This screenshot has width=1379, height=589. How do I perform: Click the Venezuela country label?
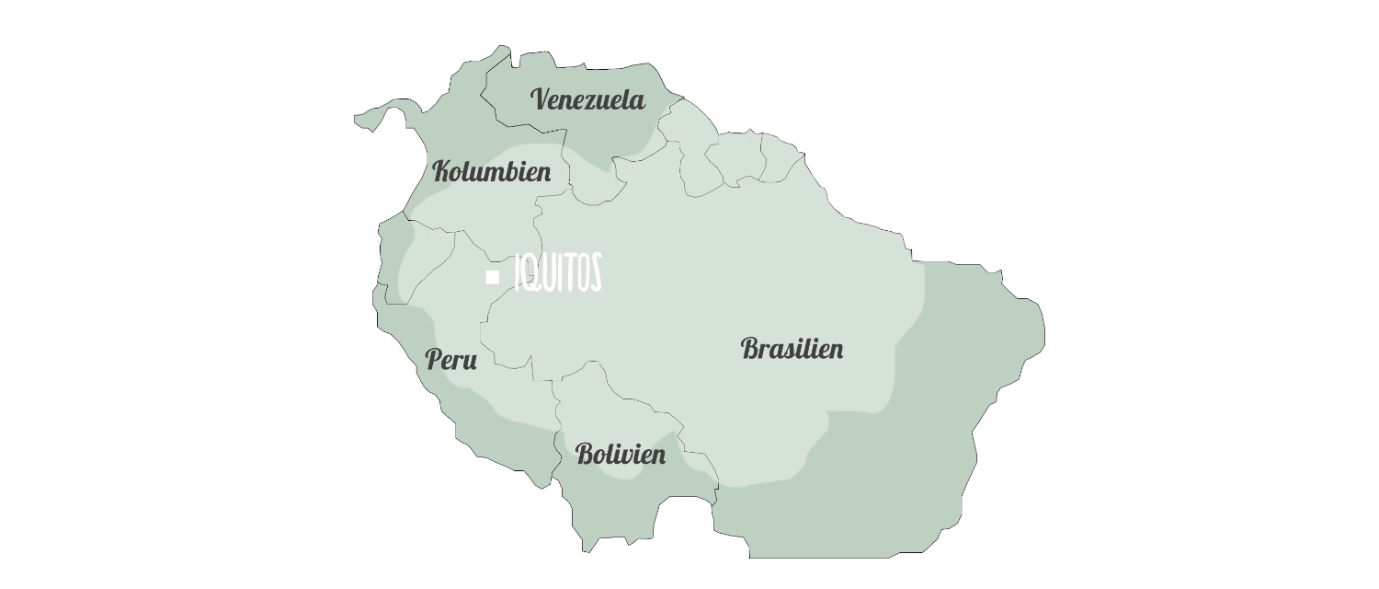point(588,99)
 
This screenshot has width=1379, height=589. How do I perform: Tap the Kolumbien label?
point(492,171)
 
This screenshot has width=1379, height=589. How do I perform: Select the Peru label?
point(450,360)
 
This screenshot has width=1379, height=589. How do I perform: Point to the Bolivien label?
point(621,454)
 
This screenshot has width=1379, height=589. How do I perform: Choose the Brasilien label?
point(792,349)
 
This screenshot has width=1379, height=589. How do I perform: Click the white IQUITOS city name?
point(558,273)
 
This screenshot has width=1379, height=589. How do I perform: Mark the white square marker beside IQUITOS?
point(493,276)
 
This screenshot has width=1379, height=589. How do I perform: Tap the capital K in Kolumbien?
point(442,171)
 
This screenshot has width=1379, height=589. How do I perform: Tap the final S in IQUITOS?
point(595,273)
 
